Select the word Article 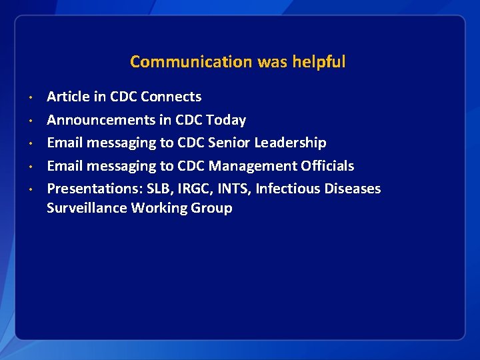click(x=68, y=97)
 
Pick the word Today click(x=226, y=120)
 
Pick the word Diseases click(x=353, y=189)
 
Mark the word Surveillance click(x=87, y=208)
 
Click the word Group click(x=211, y=208)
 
